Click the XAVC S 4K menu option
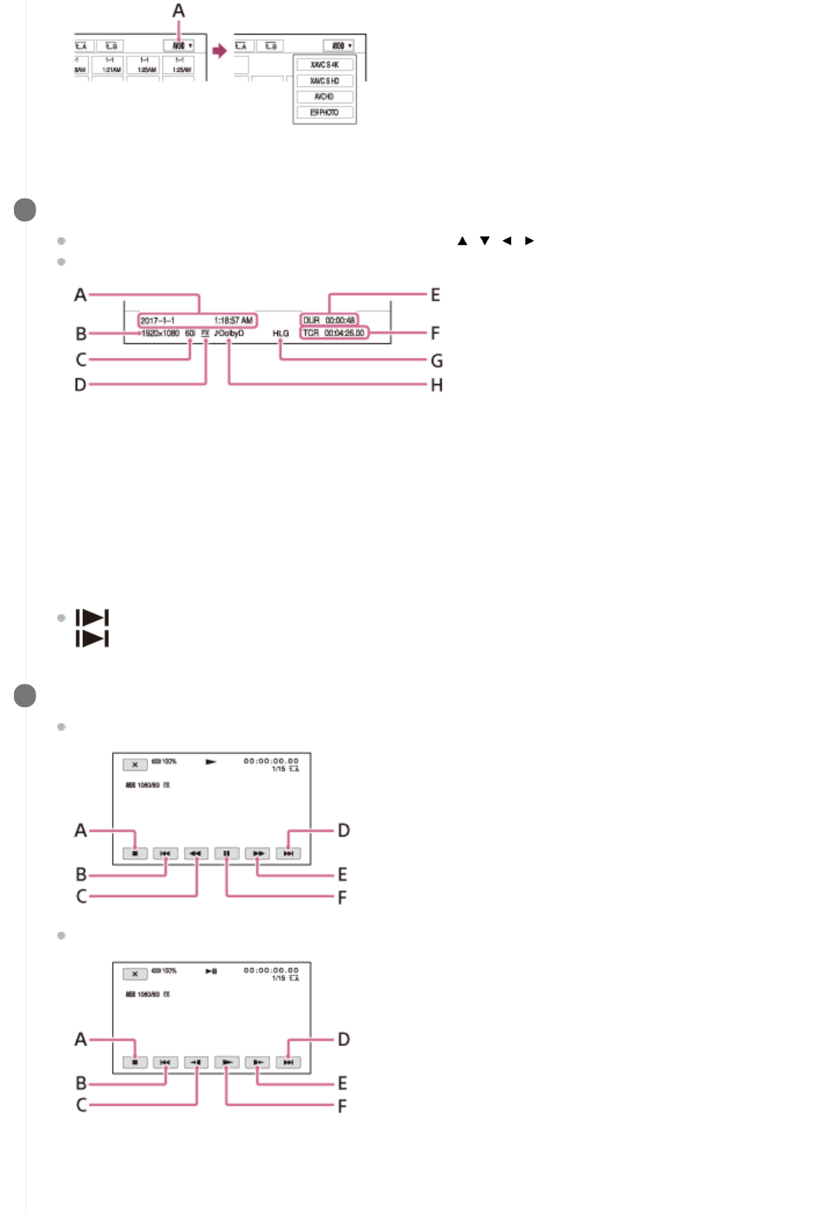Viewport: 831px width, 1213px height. pyautogui.click(x=324, y=65)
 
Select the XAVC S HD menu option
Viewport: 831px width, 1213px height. pyautogui.click(x=324, y=81)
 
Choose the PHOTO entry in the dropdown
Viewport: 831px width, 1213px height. pyautogui.click(x=324, y=113)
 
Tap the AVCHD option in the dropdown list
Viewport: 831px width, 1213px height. pyautogui.click(x=324, y=97)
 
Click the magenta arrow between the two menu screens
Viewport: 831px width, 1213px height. pyautogui.click(x=220, y=51)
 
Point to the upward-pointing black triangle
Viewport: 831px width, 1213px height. pyautogui.click(x=463, y=241)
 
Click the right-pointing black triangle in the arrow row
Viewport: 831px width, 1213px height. pyautogui.click(x=529, y=241)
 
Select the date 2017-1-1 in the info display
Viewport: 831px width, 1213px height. pyautogui.click(x=158, y=321)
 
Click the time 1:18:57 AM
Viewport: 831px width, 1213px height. pyautogui.click(x=233, y=321)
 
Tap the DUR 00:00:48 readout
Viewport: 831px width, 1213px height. pyautogui.click(x=329, y=321)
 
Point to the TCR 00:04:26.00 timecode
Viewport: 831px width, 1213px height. pyautogui.click(x=334, y=333)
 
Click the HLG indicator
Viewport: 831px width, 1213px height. pyautogui.click(x=280, y=334)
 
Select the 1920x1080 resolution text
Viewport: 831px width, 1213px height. pyautogui.click(x=161, y=334)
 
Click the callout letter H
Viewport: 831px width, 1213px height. pyautogui.click(x=437, y=385)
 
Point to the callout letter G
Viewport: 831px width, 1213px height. pyautogui.click(x=437, y=361)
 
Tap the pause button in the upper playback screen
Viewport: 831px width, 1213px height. pyautogui.click(x=226, y=854)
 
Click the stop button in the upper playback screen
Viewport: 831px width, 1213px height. pyautogui.click(x=135, y=854)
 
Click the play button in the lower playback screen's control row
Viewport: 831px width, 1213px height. pyautogui.click(x=226, y=1062)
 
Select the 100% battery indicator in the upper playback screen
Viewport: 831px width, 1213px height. pyautogui.click(x=165, y=762)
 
